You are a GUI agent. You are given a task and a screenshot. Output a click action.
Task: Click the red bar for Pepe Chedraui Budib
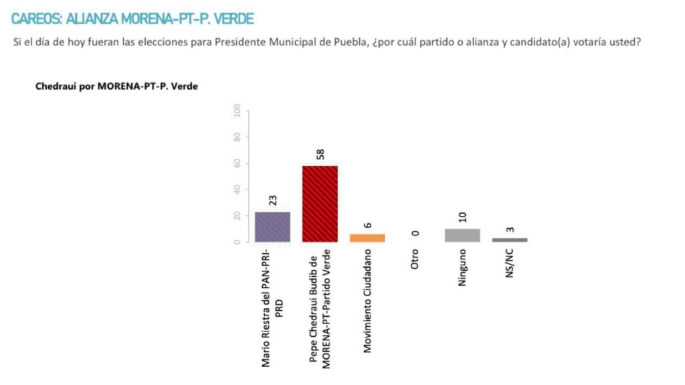[x=320, y=204]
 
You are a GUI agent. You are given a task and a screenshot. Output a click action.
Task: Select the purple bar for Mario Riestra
[x=272, y=227]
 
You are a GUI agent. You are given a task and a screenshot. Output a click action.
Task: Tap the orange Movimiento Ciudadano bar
[x=367, y=238]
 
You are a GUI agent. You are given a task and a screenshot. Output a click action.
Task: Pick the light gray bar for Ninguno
[x=462, y=235]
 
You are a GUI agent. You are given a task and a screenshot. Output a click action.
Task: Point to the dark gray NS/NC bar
[x=510, y=239]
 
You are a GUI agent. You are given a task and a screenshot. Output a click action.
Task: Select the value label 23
[x=273, y=200]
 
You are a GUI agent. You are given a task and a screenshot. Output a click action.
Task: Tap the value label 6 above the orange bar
[x=368, y=225]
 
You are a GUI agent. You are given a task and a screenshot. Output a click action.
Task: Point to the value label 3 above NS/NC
[x=510, y=229]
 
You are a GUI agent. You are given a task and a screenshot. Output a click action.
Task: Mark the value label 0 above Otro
[x=415, y=233]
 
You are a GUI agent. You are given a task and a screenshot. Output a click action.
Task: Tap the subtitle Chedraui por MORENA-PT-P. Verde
[x=116, y=87]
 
